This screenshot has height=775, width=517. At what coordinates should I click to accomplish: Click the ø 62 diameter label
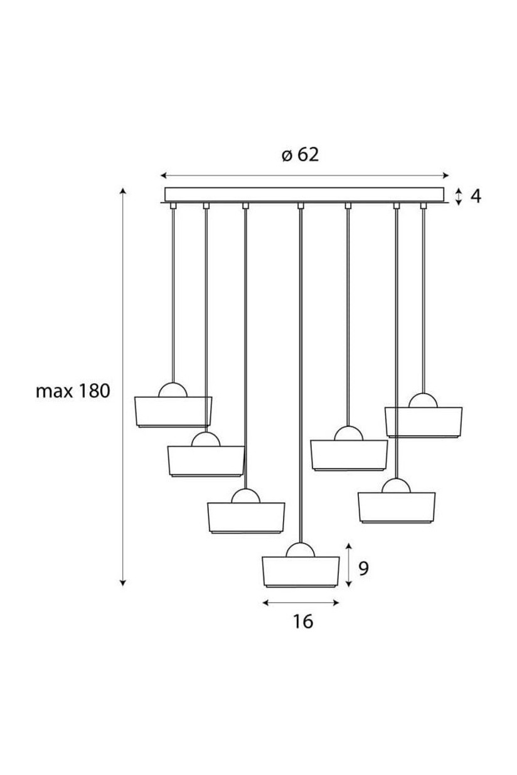coord(301,155)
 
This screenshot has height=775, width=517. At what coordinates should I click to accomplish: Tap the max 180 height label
coord(73,391)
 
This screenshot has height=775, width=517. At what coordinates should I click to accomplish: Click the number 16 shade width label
coord(303,621)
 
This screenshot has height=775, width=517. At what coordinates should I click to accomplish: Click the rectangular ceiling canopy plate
coord(304,194)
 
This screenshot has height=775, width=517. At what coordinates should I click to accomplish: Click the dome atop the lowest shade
coord(301,549)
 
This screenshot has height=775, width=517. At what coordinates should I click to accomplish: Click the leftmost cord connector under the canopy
coord(173,206)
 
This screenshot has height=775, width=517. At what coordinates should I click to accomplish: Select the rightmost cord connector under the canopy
coord(423,206)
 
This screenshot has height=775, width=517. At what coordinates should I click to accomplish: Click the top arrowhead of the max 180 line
coord(122,191)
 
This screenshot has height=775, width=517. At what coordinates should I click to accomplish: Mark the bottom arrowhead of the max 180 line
coord(122,584)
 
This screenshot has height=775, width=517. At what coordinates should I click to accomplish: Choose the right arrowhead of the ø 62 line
coord(445,176)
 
